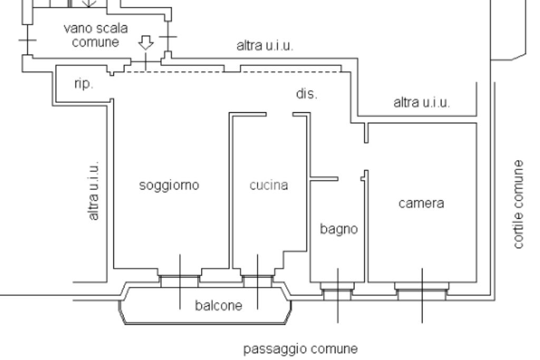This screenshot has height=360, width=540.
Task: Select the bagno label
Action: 339,229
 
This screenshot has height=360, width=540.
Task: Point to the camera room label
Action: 421,203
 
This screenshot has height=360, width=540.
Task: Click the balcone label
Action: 219,305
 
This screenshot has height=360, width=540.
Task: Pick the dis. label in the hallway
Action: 306,94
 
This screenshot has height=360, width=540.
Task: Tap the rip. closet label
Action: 83,84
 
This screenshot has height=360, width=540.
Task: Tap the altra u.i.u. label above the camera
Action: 421,102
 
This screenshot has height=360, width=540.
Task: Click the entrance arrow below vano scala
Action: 146,43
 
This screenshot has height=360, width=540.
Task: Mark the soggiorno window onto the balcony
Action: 179,281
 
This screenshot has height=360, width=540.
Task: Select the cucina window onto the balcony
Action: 257,281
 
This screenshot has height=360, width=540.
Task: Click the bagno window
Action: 337,291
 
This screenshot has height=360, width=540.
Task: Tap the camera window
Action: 422,291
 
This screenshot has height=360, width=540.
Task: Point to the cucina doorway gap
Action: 279,114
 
